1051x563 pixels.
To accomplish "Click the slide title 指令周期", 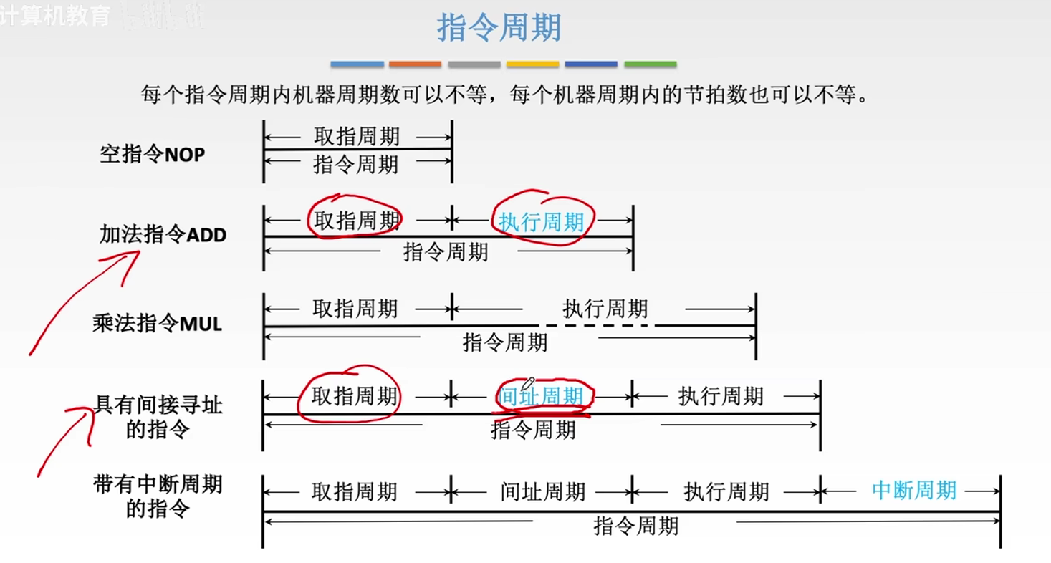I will tap(499, 29).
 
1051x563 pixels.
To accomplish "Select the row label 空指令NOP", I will tap(153, 154).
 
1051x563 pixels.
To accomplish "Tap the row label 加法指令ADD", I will tap(163, 234).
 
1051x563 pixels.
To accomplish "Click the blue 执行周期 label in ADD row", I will tap(542, 223).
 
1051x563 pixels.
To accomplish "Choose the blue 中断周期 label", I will tap(914, 490).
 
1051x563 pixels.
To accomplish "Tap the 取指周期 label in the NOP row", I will tap(357, 136).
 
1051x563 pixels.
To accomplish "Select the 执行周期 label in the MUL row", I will tap(605, 309).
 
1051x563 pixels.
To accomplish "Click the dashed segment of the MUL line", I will tap(596, 326).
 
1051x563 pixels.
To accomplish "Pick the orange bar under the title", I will tap(415, 64).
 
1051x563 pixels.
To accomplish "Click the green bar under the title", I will tap(650, 64).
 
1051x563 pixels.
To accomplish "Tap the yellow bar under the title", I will tap(532, 64).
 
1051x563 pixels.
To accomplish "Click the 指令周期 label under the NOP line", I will tap(356, 165).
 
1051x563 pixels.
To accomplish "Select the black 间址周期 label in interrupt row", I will tap(543, 491).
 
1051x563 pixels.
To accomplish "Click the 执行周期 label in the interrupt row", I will tap(726, 491).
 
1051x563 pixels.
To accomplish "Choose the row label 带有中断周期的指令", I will tap(158, 496).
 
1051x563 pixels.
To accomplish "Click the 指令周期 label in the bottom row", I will tap(635, 526).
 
